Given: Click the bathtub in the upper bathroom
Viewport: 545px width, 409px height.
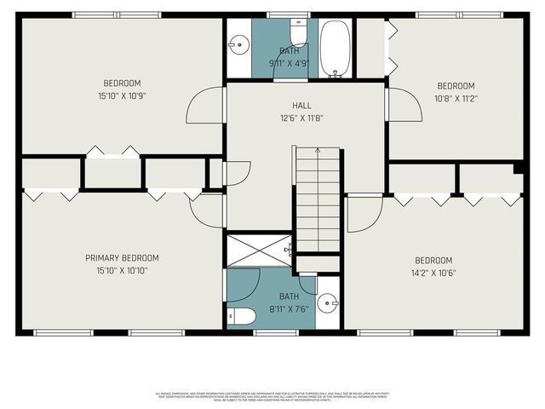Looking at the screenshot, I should click(x=335, y=48).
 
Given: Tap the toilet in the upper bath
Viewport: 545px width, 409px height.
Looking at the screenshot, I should click(x=298, y=33).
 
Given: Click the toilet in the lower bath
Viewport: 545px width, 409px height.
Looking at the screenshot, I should click(x=242, y=317).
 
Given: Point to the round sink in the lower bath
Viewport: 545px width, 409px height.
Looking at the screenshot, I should click(x=328, y=302).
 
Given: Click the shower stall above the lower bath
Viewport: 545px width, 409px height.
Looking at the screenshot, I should click(x=258, y=251).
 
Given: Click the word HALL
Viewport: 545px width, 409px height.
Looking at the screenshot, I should click(x=301, y=106).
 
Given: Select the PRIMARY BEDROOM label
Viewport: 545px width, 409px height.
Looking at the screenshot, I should click(x=122, y=258).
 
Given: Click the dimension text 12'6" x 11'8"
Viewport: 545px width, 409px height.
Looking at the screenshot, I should click(x=301, y=118).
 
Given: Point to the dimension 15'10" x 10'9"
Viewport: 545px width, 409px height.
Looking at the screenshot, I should click(x=122, y=96).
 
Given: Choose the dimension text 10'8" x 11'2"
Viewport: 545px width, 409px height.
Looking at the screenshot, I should click(x=456, y=98).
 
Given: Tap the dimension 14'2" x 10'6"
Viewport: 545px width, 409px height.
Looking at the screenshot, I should click(x=433, y=274).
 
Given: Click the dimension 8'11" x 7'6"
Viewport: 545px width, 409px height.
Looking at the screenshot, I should click(x=271, y=309).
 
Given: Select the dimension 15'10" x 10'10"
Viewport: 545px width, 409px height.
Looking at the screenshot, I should click(x=122, y=271).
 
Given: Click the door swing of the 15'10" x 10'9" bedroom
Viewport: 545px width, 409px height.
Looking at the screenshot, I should click(x=206, y=106).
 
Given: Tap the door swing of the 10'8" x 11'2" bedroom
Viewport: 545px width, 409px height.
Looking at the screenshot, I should click(x=404, y=105).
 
